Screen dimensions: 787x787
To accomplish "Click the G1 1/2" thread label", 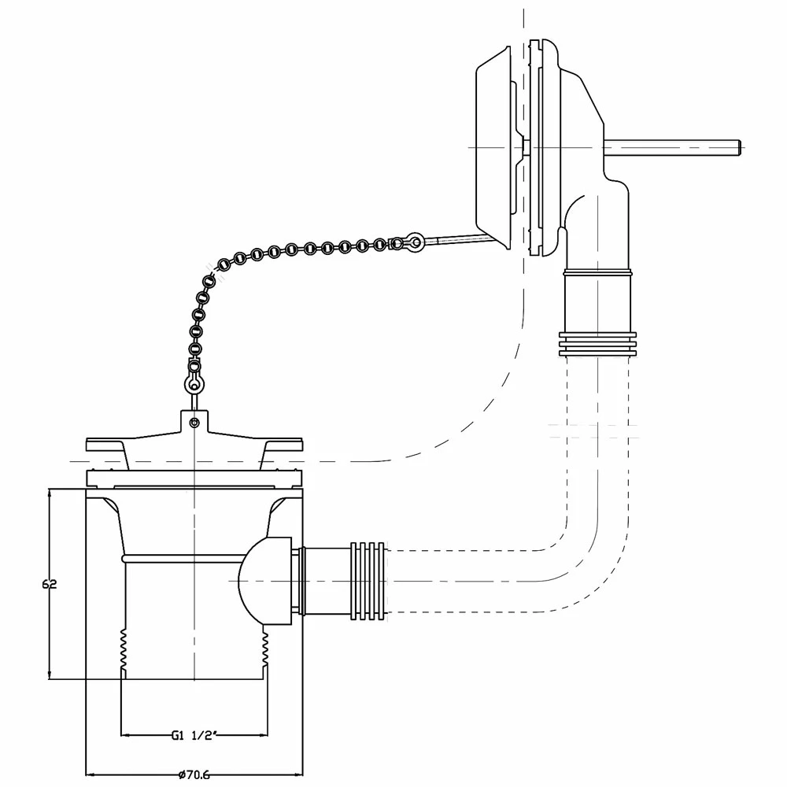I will coord(194,735).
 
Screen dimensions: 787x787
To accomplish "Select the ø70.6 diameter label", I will coord(194,774).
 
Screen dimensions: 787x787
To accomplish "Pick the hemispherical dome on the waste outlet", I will coord(264,580).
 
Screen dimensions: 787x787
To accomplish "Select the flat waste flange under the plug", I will coord(194,477).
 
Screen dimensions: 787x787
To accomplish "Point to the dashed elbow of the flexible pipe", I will coord(582,567).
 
